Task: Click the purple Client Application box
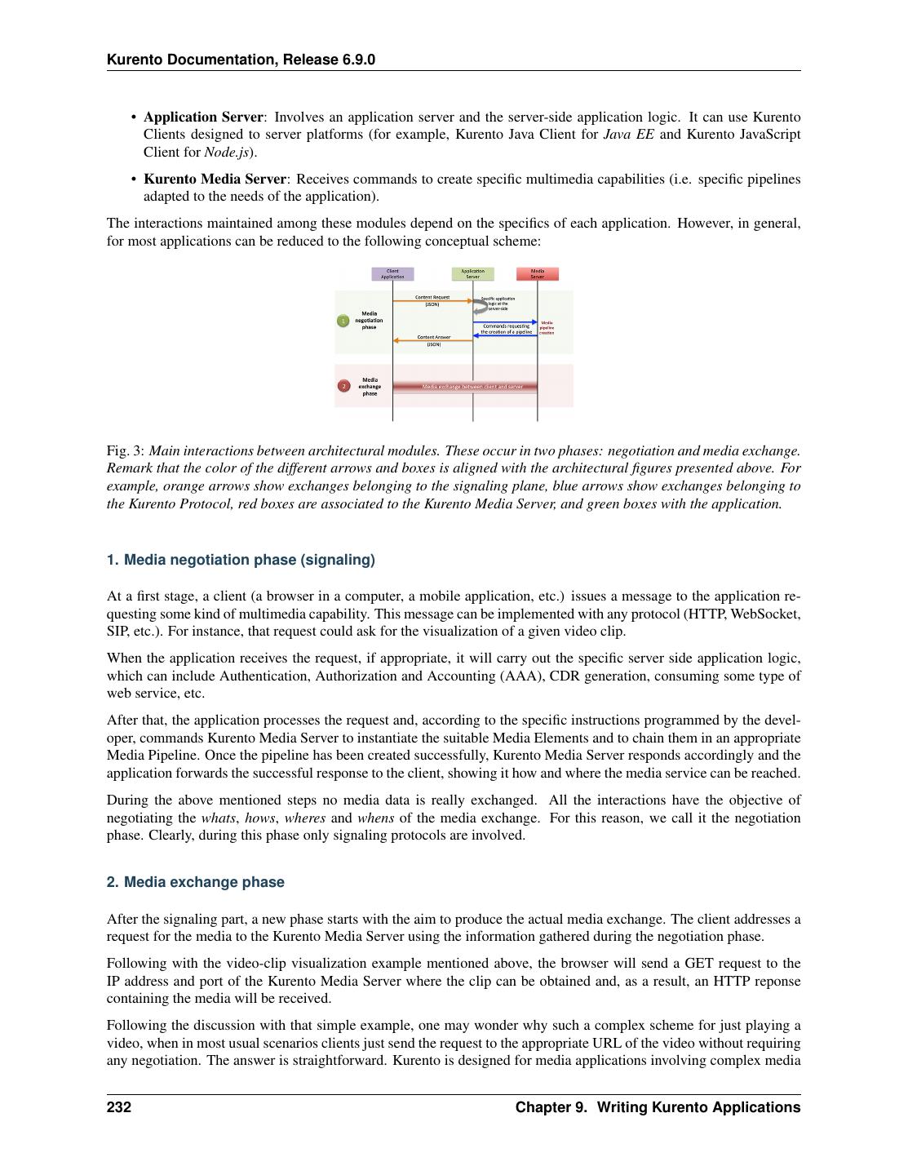pos(392,274)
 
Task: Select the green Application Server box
pos(472,274)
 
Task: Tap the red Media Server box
pos(538,274)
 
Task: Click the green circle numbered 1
pos(343,321)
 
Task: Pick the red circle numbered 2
pos(343,386)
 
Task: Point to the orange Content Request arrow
pos(432,301)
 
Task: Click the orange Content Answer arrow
pos(432,341)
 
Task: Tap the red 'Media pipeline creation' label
pos(547,327)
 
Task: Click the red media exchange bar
pos(465,386)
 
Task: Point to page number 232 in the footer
pos(119,1107)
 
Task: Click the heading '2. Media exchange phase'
pos(196,882)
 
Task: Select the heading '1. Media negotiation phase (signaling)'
pos(241,560)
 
